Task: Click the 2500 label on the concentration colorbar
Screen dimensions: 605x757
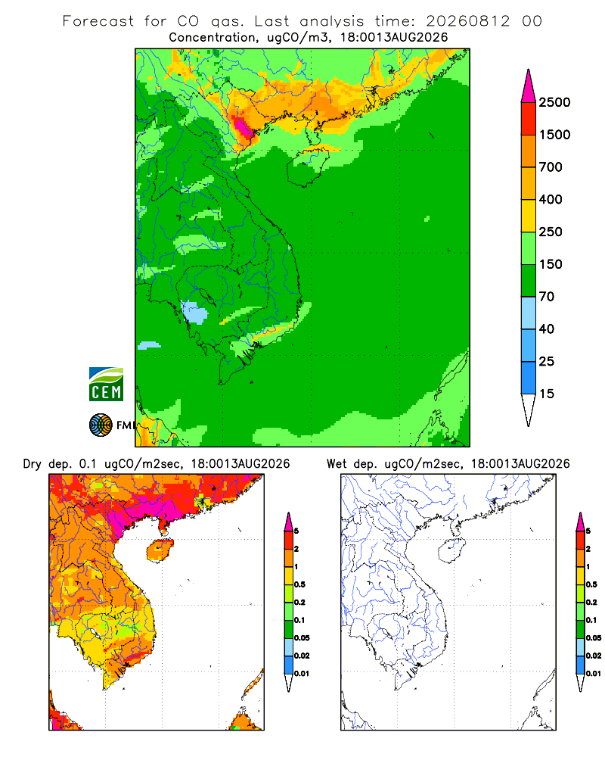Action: coord(554,102)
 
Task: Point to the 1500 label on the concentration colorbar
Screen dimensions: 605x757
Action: coord(554,135)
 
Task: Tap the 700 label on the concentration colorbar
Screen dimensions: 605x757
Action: coord(551,167)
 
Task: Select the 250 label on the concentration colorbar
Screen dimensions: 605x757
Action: coord(551,232)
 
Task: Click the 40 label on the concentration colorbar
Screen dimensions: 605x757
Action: coord(547,329)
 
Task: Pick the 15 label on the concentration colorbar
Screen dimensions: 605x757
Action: coord(547,394)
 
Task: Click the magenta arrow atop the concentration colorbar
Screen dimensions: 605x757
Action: coord(529,86)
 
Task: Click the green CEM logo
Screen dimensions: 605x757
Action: coord(106,385)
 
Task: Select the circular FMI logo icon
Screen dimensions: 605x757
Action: coord(101,425)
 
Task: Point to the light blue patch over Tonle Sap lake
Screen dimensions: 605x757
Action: coord(194,313)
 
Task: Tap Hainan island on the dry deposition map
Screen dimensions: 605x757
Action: coord(160,551)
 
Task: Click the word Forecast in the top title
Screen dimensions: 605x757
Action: coord(98,21)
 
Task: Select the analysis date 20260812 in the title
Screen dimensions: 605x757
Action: coord(467,21)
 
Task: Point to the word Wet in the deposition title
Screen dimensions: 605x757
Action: coord(337,464)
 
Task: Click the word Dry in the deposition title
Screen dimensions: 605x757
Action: coord(33,465)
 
